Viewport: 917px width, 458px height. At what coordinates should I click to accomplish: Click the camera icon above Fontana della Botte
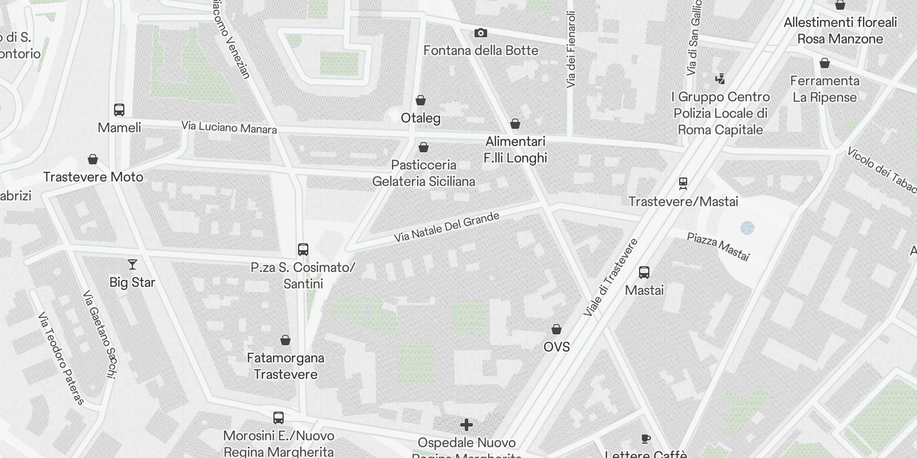(481, 33)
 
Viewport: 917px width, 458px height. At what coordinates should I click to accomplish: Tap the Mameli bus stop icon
(119, 110)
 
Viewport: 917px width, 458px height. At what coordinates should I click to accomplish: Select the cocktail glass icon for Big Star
(132, 264)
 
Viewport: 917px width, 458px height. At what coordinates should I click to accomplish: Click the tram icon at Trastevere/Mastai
(683, 184)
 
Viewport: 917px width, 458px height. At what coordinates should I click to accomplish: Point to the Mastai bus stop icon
(644, 273)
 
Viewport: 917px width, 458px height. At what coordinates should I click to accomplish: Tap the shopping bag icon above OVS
(557, 329)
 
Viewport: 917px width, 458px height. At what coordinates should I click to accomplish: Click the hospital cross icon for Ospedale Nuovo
(467, 425)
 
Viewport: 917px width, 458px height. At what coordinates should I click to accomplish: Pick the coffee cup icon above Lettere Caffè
(646, 439)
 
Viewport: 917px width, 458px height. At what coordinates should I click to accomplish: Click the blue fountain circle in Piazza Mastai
(747, 228)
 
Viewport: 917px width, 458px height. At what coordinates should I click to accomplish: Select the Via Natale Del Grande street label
(446, 227)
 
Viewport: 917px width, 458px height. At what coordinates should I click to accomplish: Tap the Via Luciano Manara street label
(229, 127)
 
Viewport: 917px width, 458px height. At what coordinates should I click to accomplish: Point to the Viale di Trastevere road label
(611, 278)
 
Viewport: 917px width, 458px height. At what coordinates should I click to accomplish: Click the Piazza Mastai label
(718, 246)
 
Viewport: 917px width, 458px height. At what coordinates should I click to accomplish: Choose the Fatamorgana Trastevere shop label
(285, 366)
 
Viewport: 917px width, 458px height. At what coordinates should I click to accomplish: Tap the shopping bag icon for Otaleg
(421, 101)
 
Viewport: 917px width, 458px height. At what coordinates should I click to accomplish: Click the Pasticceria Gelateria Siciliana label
(424, 173)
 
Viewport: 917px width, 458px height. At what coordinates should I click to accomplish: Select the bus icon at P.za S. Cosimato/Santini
(303, 250)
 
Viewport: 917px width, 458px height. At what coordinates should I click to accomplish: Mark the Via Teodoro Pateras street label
(61, 358)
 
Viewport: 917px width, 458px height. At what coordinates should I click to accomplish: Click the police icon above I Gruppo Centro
(720, 78)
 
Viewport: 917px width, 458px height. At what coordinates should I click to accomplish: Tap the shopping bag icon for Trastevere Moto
(93, 159)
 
